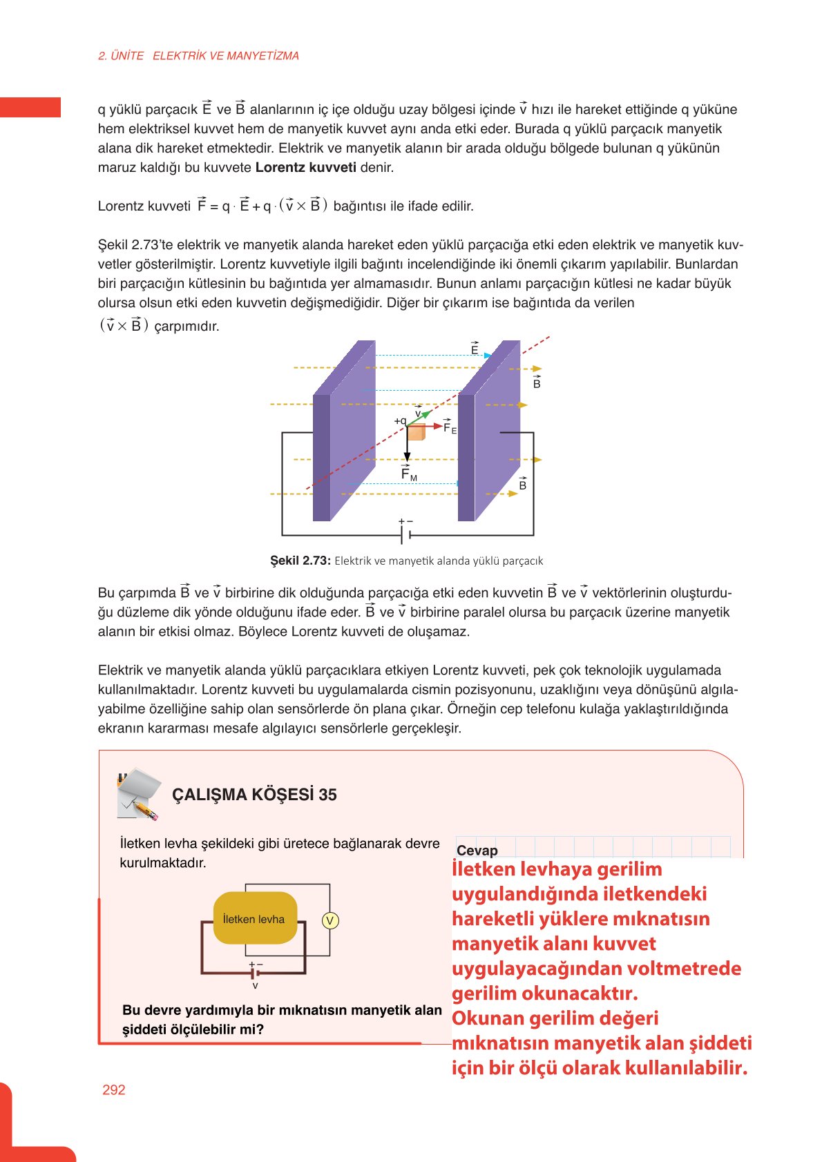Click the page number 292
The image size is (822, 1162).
tap(113, 1090)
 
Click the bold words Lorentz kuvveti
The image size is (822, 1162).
tap(305, 167)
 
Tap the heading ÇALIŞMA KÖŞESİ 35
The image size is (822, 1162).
tap(254, 795)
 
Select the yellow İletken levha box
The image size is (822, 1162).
tap(255, 918)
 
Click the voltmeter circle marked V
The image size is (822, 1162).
tap(330, 920)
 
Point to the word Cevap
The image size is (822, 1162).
tap(477, 851)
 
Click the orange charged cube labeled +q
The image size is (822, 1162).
tap(416, 432)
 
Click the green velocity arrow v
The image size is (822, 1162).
tap(422, 416)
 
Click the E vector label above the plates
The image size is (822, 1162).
tap(475, 349)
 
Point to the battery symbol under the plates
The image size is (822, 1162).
tap(406, 534)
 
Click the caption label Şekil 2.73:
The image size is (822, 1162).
tap(300, 561)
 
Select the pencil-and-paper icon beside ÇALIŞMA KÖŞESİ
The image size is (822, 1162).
tap(139, 794)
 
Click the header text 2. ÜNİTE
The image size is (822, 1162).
tap(121, 56)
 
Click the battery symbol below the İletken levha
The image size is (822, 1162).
tap(256, 973)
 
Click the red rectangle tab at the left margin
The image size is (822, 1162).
tap(30, 107)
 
